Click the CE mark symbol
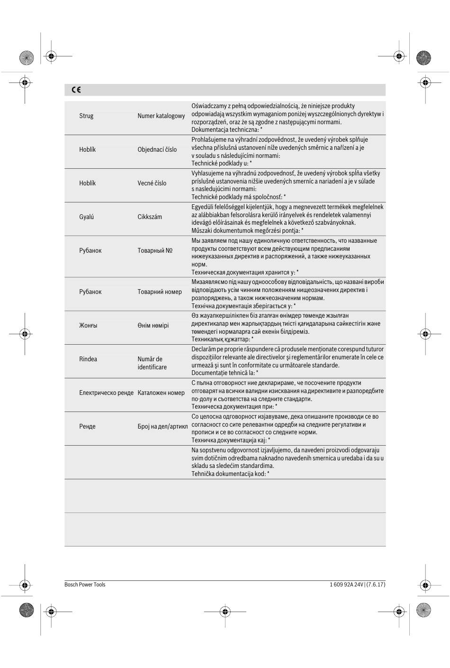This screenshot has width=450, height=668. click(x=76, y=90)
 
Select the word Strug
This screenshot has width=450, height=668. click(x=86, y=116)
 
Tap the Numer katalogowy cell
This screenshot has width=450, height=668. click(x=161, y=116)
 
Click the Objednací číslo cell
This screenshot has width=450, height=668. click(x=157, y=149)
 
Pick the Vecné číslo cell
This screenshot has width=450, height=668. click(x=152, y=183)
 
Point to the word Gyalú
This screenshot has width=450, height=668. click(x=86, y=217)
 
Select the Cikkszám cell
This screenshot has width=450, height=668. click(x=150, y=217)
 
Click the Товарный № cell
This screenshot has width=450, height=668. click(x=155, y=250)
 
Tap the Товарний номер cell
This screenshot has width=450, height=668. click(x=160, y=292)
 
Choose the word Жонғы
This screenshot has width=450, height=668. click(x=88, y=325)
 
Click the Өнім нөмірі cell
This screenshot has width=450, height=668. click(x=153, y=325)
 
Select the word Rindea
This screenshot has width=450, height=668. click(x=88, y=359)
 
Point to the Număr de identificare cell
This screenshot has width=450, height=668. click(x=152, y=363)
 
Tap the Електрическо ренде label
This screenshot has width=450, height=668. click(x=106, y=393)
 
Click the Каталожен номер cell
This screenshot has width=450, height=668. click(x=161, y=393)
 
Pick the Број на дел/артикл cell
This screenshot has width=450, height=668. click(x=162, y=426)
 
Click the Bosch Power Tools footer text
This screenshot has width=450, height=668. click(x=85, y=585)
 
